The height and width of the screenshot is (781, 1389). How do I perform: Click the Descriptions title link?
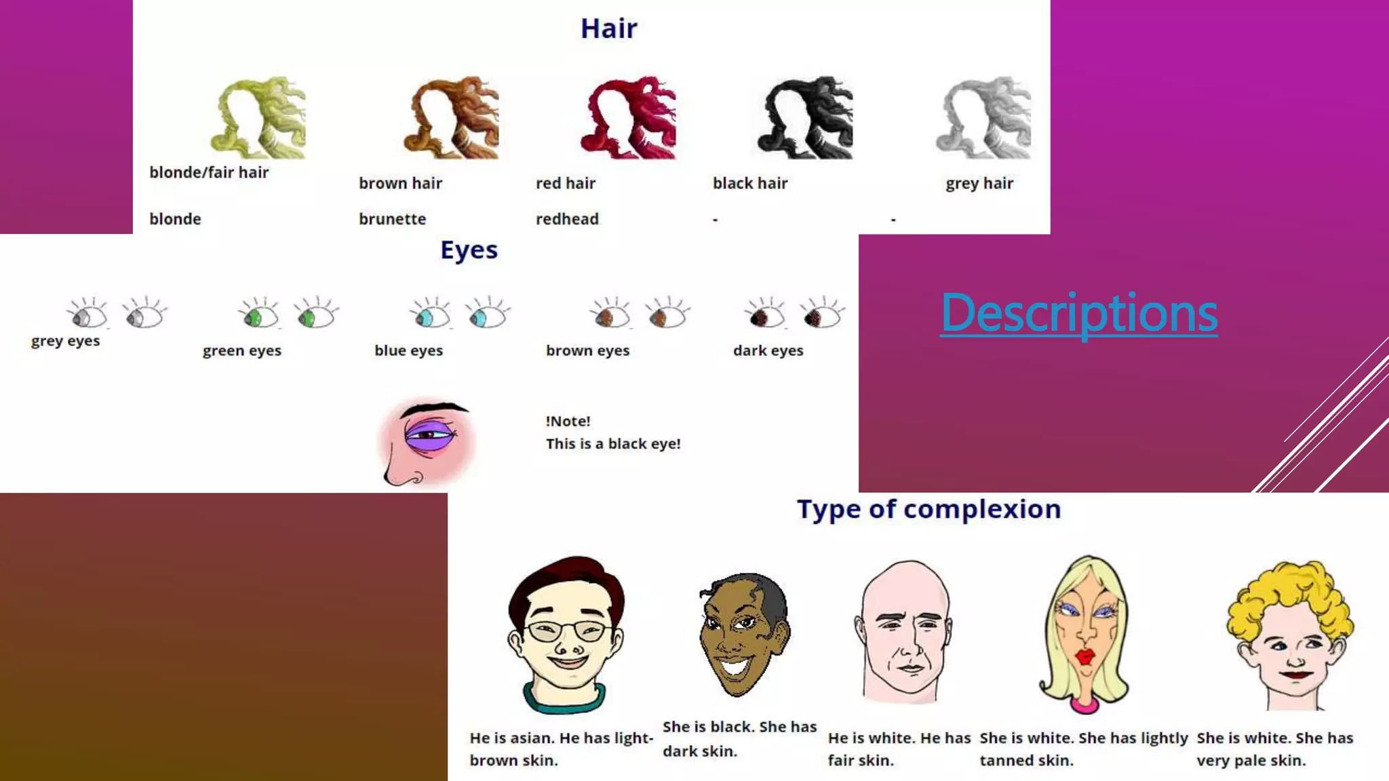click(1078, 313)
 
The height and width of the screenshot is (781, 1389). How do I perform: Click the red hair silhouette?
click(629, 118)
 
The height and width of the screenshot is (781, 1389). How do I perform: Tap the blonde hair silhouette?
click(258, 118)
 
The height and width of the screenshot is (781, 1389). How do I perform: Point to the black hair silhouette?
click(806, 118)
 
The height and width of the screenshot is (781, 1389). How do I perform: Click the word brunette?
click(392, 219)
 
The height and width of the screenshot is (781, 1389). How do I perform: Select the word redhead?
click(567, 219)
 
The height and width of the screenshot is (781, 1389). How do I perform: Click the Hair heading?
click(608, 28)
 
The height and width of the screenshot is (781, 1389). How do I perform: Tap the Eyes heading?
click(469, 249)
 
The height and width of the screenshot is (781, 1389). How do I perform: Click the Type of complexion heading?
click(928, 509)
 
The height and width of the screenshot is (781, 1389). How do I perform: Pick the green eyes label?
click(241, 351)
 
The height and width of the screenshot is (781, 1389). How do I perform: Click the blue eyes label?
click(408, 351)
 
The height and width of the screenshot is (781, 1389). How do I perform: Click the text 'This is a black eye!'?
click(612, 443)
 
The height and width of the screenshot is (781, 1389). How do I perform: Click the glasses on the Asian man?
click(567, 631)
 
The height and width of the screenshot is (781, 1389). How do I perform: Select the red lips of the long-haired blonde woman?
click(1086, 656)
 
